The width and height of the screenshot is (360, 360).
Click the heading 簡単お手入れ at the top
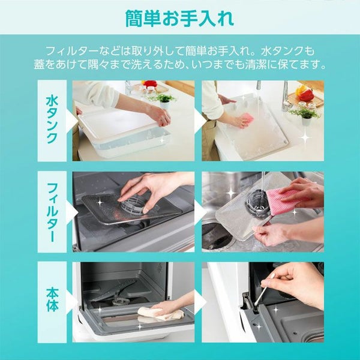179,18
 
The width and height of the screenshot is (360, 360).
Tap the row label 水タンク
52,120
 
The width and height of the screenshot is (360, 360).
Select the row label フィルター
52,212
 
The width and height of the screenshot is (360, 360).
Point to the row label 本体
52,300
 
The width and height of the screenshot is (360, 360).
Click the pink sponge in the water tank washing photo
247,118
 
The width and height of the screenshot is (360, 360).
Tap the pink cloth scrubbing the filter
284,200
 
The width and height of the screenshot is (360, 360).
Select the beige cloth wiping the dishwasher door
161,314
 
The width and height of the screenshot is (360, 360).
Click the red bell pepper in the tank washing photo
307,95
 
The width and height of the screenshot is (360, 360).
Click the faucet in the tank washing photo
286,97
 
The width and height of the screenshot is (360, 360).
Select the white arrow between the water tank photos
199,120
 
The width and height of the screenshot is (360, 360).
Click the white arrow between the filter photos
199,212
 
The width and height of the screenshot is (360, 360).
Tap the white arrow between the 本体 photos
199,302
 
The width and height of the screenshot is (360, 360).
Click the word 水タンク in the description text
281,51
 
